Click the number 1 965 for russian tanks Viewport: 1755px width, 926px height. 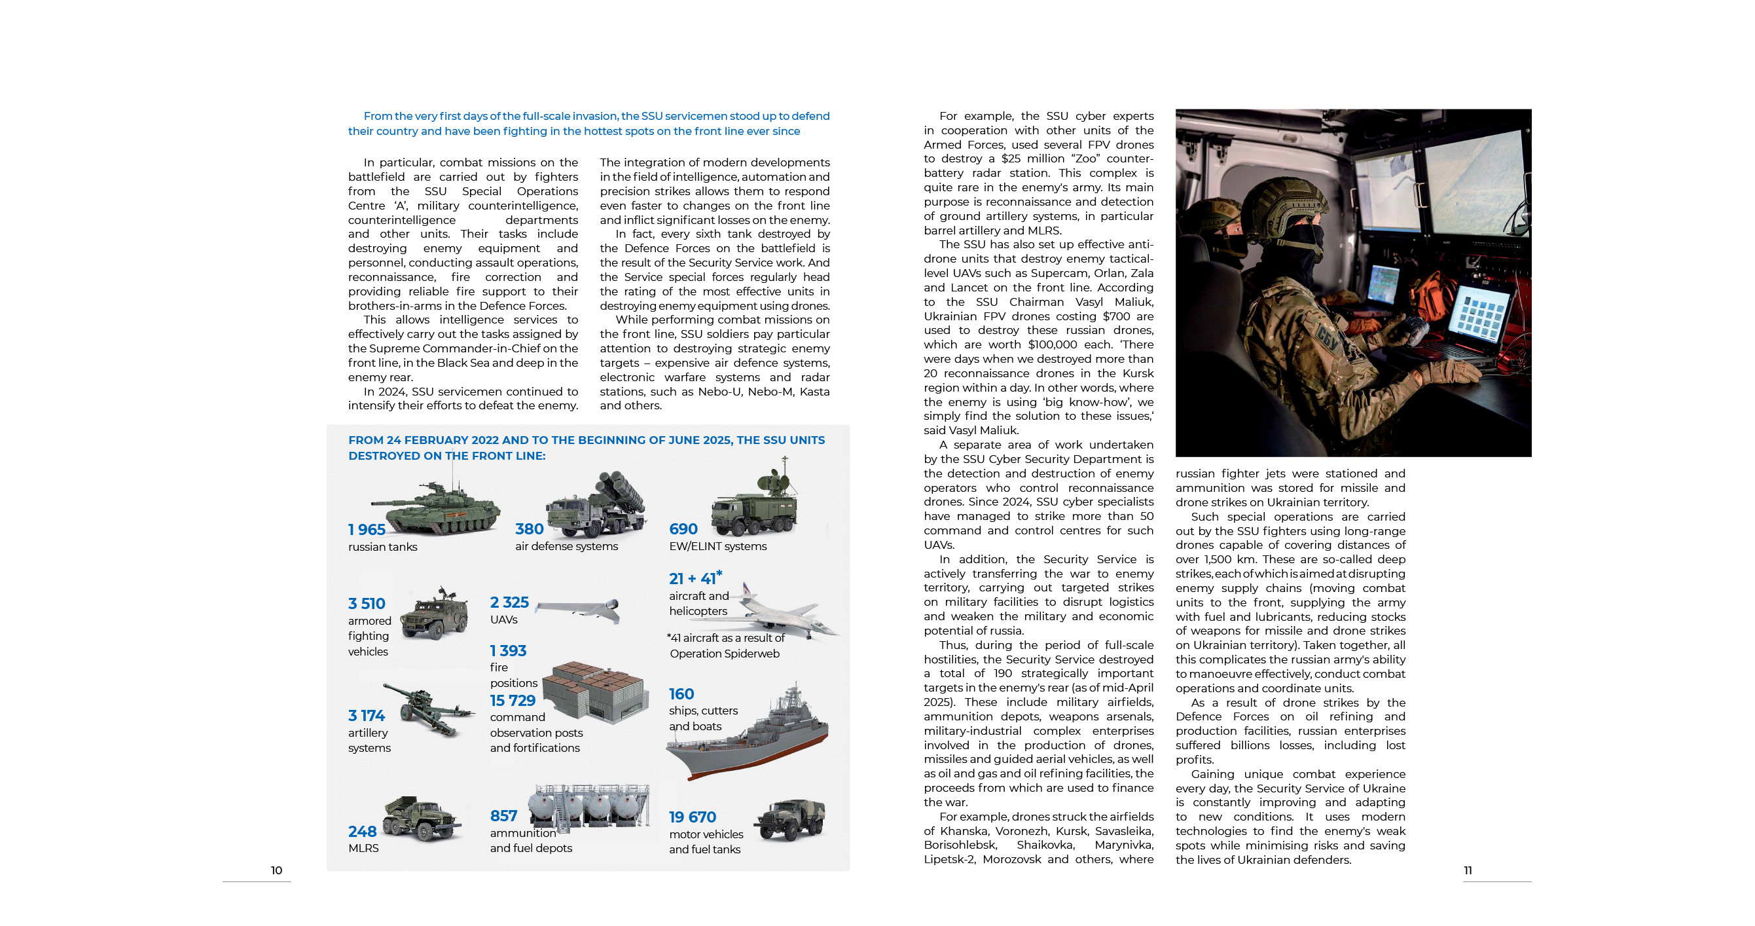pos(367,529)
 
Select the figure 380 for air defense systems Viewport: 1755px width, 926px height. pos(530,528)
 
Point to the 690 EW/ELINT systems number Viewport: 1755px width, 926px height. pos(683,528)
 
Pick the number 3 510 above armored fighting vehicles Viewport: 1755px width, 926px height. pos(367,604)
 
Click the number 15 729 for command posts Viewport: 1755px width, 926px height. pos(513,701)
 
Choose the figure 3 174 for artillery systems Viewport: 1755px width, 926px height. pos(367,715)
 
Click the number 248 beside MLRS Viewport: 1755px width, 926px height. pos(363,831)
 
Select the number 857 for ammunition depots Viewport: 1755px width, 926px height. pos(503,815)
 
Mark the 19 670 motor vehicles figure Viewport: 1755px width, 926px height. pos(692,817)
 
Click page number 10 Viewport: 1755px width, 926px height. pos(276,870)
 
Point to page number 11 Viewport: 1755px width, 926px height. pos(1468,870)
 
